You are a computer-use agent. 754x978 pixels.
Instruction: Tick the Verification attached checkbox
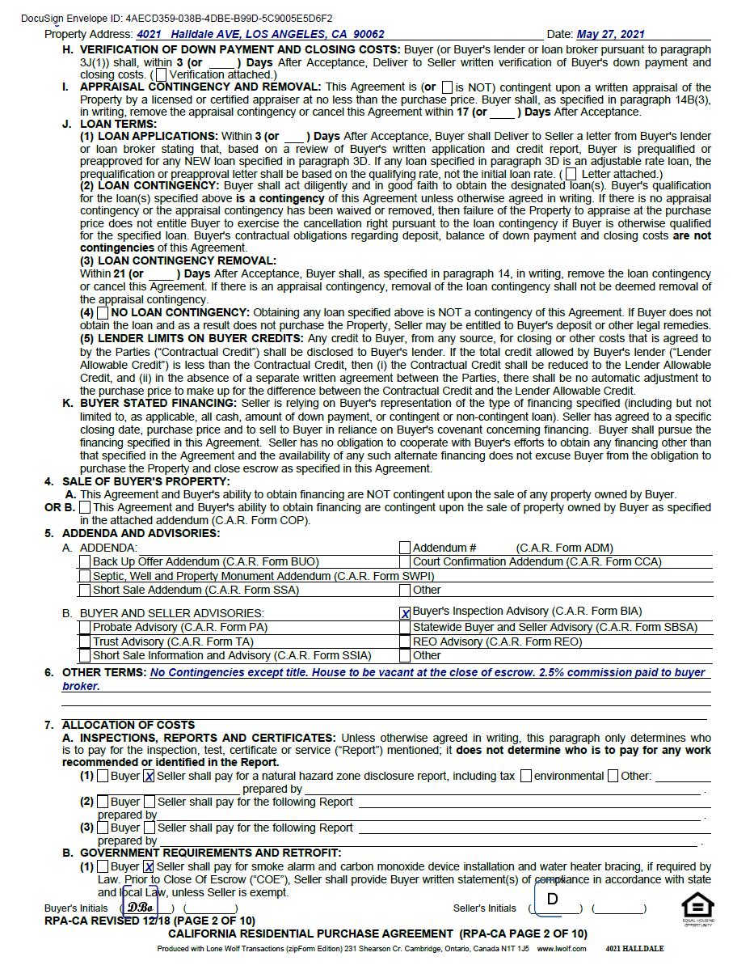tap(162, 74)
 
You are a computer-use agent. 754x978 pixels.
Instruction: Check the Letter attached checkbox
tap(571, 174)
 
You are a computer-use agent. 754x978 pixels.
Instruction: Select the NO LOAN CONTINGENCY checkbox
tap(103, 312)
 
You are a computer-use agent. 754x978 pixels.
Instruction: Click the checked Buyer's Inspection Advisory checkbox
tap(405, 613)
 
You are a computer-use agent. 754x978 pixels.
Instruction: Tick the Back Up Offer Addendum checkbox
tap(85, 561)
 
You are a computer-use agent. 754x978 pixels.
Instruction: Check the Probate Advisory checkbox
tap(85, 628)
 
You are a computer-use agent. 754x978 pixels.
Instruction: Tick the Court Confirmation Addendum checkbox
tap(405, 561)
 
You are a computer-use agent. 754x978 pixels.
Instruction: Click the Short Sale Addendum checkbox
tap(85, 591)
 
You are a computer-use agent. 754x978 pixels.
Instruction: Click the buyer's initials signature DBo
tap(141, 907)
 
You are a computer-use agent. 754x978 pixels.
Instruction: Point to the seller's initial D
tap(553, 900)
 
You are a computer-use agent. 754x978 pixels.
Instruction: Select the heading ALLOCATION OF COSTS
tap(128, 725)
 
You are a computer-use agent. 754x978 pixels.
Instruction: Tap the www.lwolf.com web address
tap(562, 949)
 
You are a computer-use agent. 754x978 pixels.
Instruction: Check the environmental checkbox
tap(526, 777)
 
